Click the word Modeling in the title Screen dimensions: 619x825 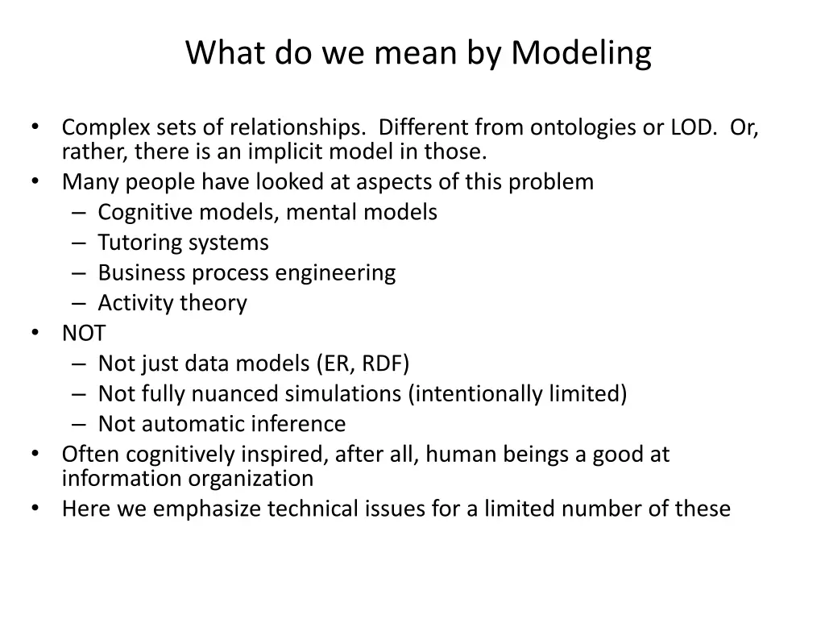coord(581,55)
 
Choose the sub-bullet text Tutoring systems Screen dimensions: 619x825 coord(183,243)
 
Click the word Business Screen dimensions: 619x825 coord(142,272)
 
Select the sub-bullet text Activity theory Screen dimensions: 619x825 coord(172,303)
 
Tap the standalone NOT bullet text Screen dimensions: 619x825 coord(83,333)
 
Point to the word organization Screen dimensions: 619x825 coord(251,479)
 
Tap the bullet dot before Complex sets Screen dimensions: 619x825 coord(36,127)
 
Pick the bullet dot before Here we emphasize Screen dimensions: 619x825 coord(36,509)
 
